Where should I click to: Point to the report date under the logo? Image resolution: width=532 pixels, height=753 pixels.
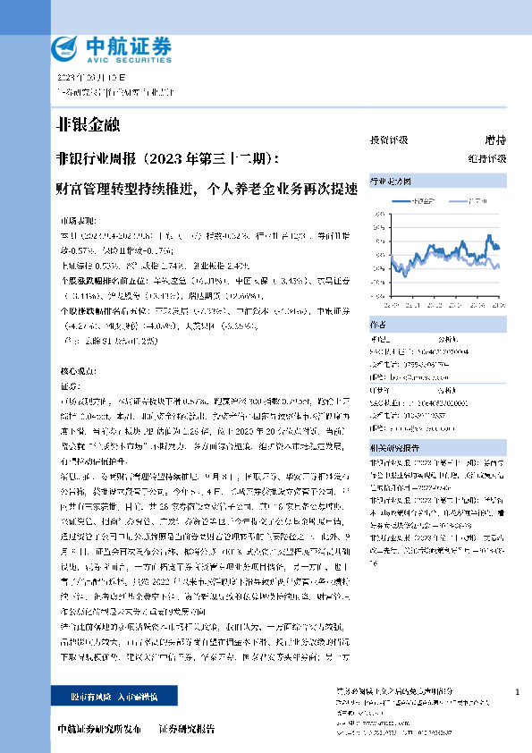(87, 78)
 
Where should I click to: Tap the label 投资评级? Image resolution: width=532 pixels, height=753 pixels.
(389, 140)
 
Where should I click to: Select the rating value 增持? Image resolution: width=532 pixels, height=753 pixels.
(495, 140)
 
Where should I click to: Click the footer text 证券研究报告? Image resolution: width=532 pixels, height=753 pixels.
(187, 728)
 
